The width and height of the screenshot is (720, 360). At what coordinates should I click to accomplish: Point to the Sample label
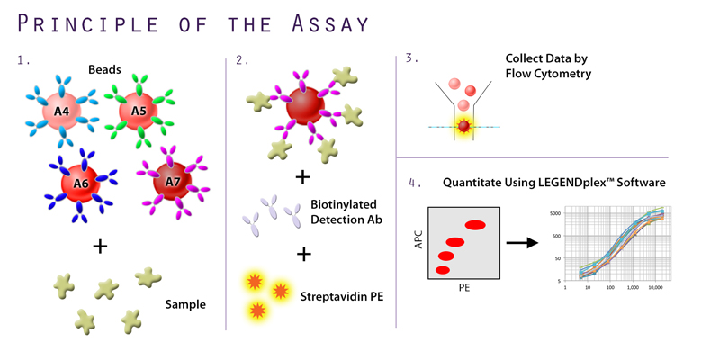(x=184, y=304)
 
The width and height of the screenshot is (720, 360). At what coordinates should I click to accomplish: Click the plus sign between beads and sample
(x=100, y=245)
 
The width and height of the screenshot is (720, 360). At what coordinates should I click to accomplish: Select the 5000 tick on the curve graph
(x=554, y=213)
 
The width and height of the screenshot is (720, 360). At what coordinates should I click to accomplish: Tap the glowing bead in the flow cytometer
(x=464, y=128)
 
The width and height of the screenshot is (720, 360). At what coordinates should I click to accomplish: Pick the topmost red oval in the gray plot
(x=475, y=225)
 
